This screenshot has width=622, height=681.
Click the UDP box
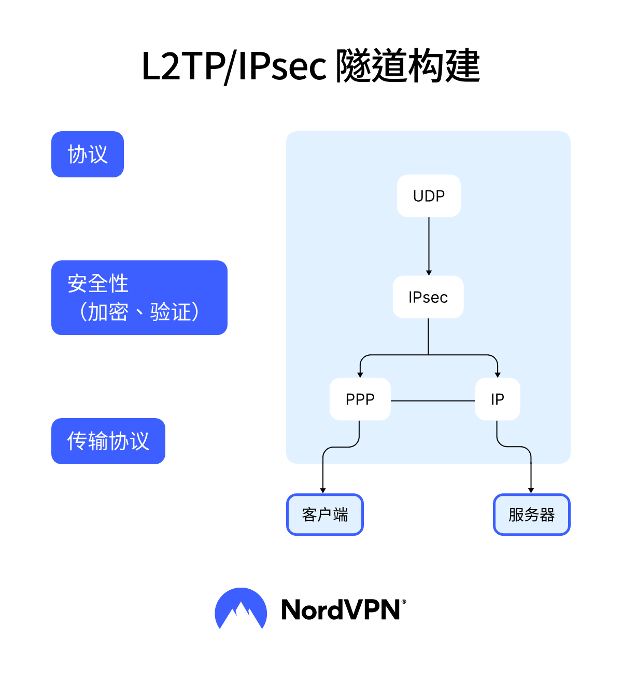pyautogui.click(x=429, y=196)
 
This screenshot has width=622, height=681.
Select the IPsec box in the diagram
pyautogui.click(x=428, y=297)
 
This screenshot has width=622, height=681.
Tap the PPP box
pyautogui.click(x=360, y=399)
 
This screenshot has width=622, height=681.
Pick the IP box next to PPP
pyautogui.click(x=498, y=399)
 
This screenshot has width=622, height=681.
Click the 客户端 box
pyautogui.click(x=325, y=515)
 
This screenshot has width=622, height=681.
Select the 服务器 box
pyautogui.click(x=531, y=515)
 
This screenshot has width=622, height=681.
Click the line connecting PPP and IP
pyautogui.click(x=433, y=401)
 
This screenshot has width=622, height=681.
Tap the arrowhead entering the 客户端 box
pyautogui.click(x=323, y=490)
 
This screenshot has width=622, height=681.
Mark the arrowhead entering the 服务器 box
pyautogui.click(x=531, y=490)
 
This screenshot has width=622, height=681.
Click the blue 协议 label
pyautogui.click(x=88, y=155)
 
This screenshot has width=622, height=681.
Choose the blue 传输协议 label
pyautogui.click(x=108, y=441)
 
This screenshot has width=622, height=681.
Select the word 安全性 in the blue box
pyautogui.click(x=98, y=283)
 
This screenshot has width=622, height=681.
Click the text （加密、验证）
pyautogui.click(x=139, y=312)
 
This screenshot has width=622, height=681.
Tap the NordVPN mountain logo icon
pyautogui.click(x=241, y=609)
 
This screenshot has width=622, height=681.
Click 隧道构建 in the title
pyautogui.click(x=408, y=66)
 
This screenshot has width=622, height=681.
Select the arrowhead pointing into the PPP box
pyautogui.click(x=360, y=374)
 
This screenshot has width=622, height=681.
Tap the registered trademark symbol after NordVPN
pyautogui.click(x=404, y=602)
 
